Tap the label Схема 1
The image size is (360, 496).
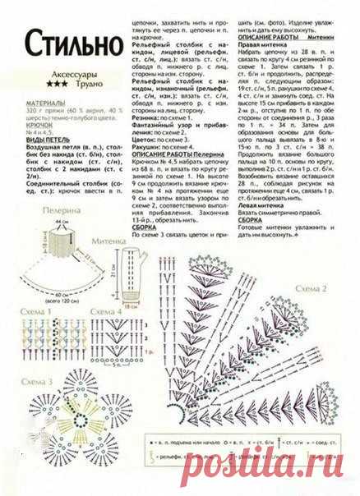tap(32, 314)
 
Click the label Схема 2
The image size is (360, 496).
tap(314, 289)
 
